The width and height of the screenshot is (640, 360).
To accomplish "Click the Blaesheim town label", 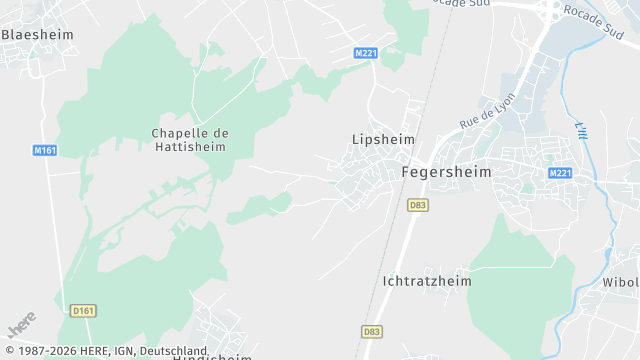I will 37,34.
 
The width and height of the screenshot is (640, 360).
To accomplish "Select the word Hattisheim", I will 190,146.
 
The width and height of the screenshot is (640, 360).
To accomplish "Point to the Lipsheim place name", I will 383,139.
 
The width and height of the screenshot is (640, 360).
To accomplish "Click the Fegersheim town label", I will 446,171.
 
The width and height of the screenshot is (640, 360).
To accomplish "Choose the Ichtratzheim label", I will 427,281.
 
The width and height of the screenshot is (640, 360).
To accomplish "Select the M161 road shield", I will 44,150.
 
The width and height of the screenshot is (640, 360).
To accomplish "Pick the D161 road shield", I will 83,311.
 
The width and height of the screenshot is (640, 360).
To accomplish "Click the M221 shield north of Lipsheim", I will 366,52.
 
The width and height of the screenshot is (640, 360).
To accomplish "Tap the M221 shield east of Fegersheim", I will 559,173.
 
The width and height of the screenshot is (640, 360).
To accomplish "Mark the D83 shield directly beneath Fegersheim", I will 418,204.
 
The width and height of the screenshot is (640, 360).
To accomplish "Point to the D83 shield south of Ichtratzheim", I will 371,331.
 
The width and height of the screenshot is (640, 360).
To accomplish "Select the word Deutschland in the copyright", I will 173,351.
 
